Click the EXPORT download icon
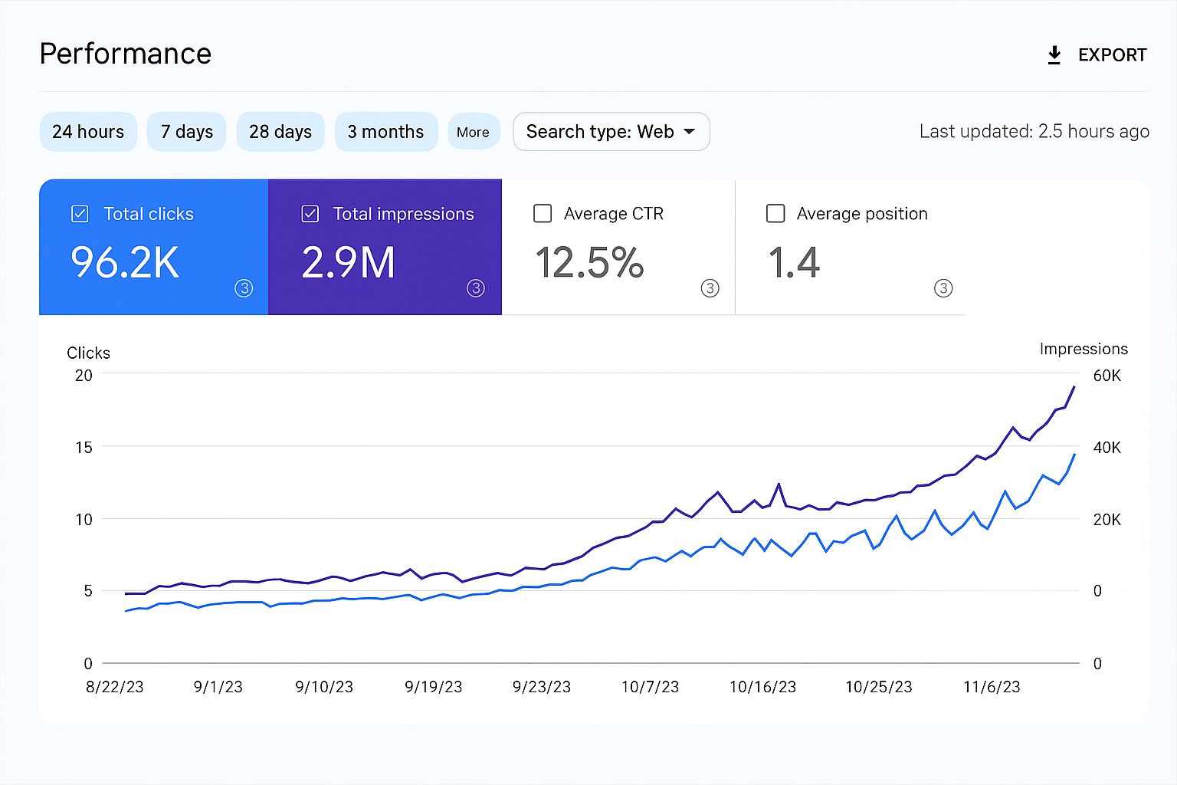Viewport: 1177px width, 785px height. pyautogui.click(x=1054, y=55)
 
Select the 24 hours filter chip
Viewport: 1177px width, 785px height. pyautogui.click(x=88, y=132)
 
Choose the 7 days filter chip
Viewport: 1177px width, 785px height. pyautogui.click(x=186, y=132)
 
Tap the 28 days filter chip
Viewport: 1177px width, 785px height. pyautogui.click(x=280, y=132)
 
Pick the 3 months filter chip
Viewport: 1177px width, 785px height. pyautogui.click(x=385, y=132)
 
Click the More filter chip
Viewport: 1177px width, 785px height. pyautogui.click(x=473, y=132)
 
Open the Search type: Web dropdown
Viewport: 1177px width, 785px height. pyautogui.click(x=611, y=132)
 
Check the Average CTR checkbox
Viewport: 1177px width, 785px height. pyautogui.click(x=543, y=213)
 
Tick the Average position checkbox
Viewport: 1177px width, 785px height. pyautogui.click(x=775, y=213)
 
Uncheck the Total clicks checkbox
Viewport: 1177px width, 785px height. pyautogui.click(x=80, y=214)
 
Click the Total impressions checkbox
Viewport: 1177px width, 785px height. pyautogui.click(x=310, y=214)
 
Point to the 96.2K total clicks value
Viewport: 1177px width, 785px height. pyautogui.click(x=125, y=263)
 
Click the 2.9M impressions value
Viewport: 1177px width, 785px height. pyautogui.click(x=349, y=263)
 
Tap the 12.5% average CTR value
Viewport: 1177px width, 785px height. pyautogui.click(x=589, y=263)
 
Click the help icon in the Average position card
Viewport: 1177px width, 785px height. pyautogui.click(x=943, y=288)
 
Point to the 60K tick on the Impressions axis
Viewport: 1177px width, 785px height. pyautogui.click(x=1107, y=376)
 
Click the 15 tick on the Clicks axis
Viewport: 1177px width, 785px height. pyautogui.click(x=84, y=447)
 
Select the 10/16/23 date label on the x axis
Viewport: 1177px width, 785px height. pyautogui.click(x=762, y=687)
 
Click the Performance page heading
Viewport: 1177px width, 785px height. pyautogui.click(x=126, y=54)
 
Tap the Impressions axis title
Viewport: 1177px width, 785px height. pyautogui.click(x=1084, y=349)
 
